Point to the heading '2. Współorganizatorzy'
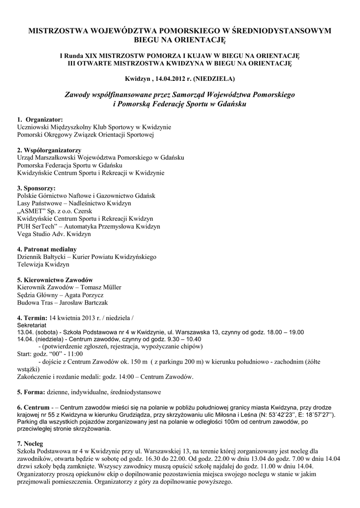(x=49, y=150)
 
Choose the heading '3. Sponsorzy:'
(x=36, y=188)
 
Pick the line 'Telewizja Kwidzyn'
(x=43, y=264)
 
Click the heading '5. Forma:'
(x=31, y=392)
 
